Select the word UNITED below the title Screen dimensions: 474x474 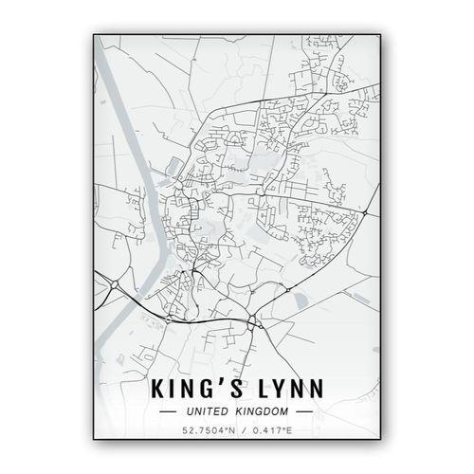tap(208, 412)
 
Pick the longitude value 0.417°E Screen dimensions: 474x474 tap(271, 433)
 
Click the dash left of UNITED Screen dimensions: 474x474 tap(169, 412)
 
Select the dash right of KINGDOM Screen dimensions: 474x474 tap(304, 412)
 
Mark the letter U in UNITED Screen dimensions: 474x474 tap(191, 412)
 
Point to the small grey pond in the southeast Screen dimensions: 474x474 tap(301, 301)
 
